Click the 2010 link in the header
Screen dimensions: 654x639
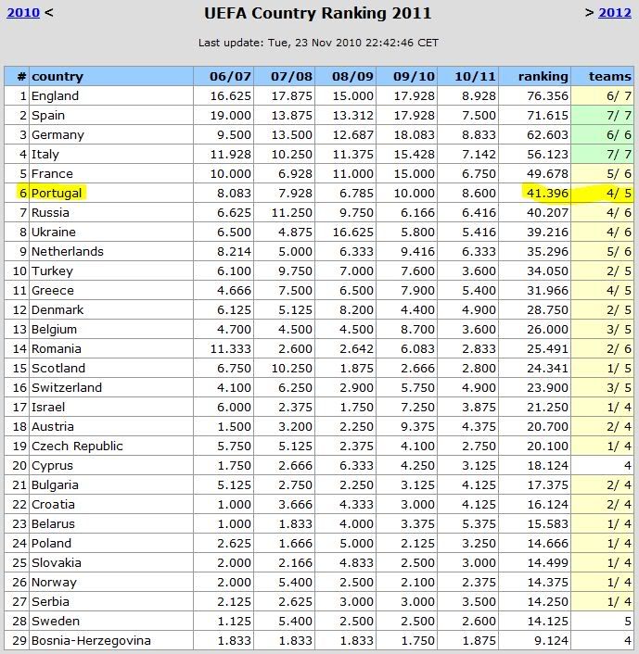(23, 13)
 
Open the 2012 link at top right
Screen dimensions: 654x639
(614, 13)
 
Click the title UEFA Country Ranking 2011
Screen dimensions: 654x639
(318, 14)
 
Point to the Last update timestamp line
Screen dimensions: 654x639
(318, 43)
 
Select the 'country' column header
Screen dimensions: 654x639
(58, 76)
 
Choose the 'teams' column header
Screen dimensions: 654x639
(610, 76)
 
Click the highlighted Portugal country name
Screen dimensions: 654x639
(57, 193)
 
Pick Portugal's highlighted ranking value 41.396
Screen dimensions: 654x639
(547, 193)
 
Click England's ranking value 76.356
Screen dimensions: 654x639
(547, 95)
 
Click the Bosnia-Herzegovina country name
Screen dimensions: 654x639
(91, 640)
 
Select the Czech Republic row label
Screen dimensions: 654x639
(77, 446)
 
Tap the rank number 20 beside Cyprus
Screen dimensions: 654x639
(18, 465)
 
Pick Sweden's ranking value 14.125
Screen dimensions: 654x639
(547, 621)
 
